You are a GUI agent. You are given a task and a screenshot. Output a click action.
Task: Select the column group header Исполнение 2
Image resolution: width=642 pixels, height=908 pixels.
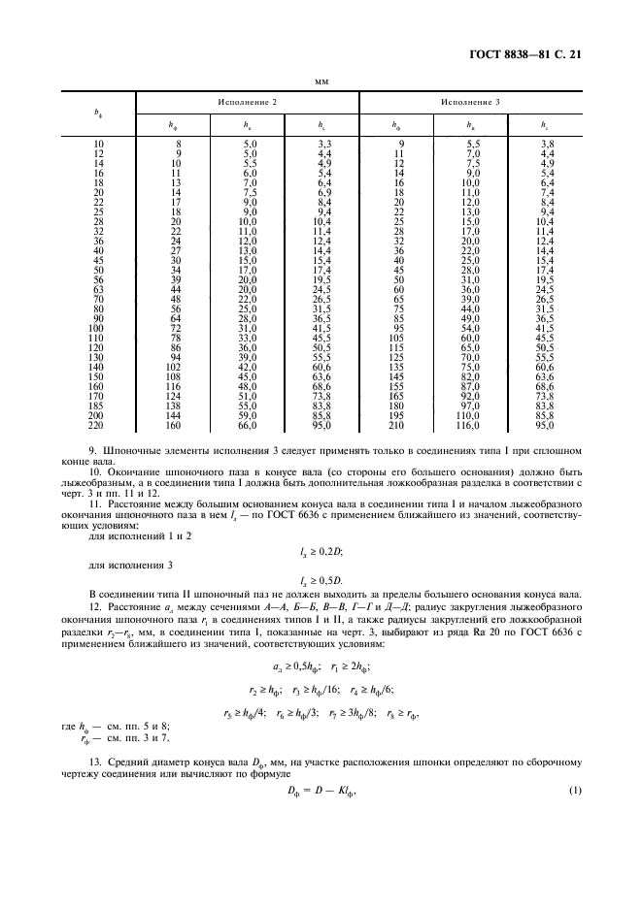click(247, 102)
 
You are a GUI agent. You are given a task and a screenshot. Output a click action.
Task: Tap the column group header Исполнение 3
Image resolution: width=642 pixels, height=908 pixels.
click(471, 102)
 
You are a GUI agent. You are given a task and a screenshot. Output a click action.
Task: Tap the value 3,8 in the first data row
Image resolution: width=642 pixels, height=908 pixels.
click(547, 143)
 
